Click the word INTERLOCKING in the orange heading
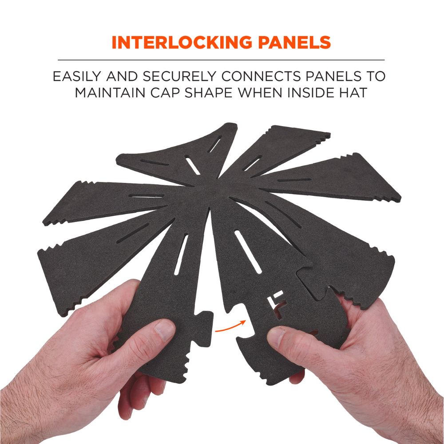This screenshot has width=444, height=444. (x=182, y=43)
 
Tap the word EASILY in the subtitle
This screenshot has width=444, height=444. (x=77, y=76)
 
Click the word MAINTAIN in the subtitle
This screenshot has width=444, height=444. (x=110, y=93)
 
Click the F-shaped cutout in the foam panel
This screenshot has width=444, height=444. (x=276, y=304)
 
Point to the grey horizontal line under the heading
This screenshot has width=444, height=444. (x=221, y=60)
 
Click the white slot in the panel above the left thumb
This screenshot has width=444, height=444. (x=181, y=254)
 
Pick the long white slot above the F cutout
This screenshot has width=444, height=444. (x=248, y=252)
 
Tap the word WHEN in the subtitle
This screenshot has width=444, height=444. (x=260, y=93)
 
